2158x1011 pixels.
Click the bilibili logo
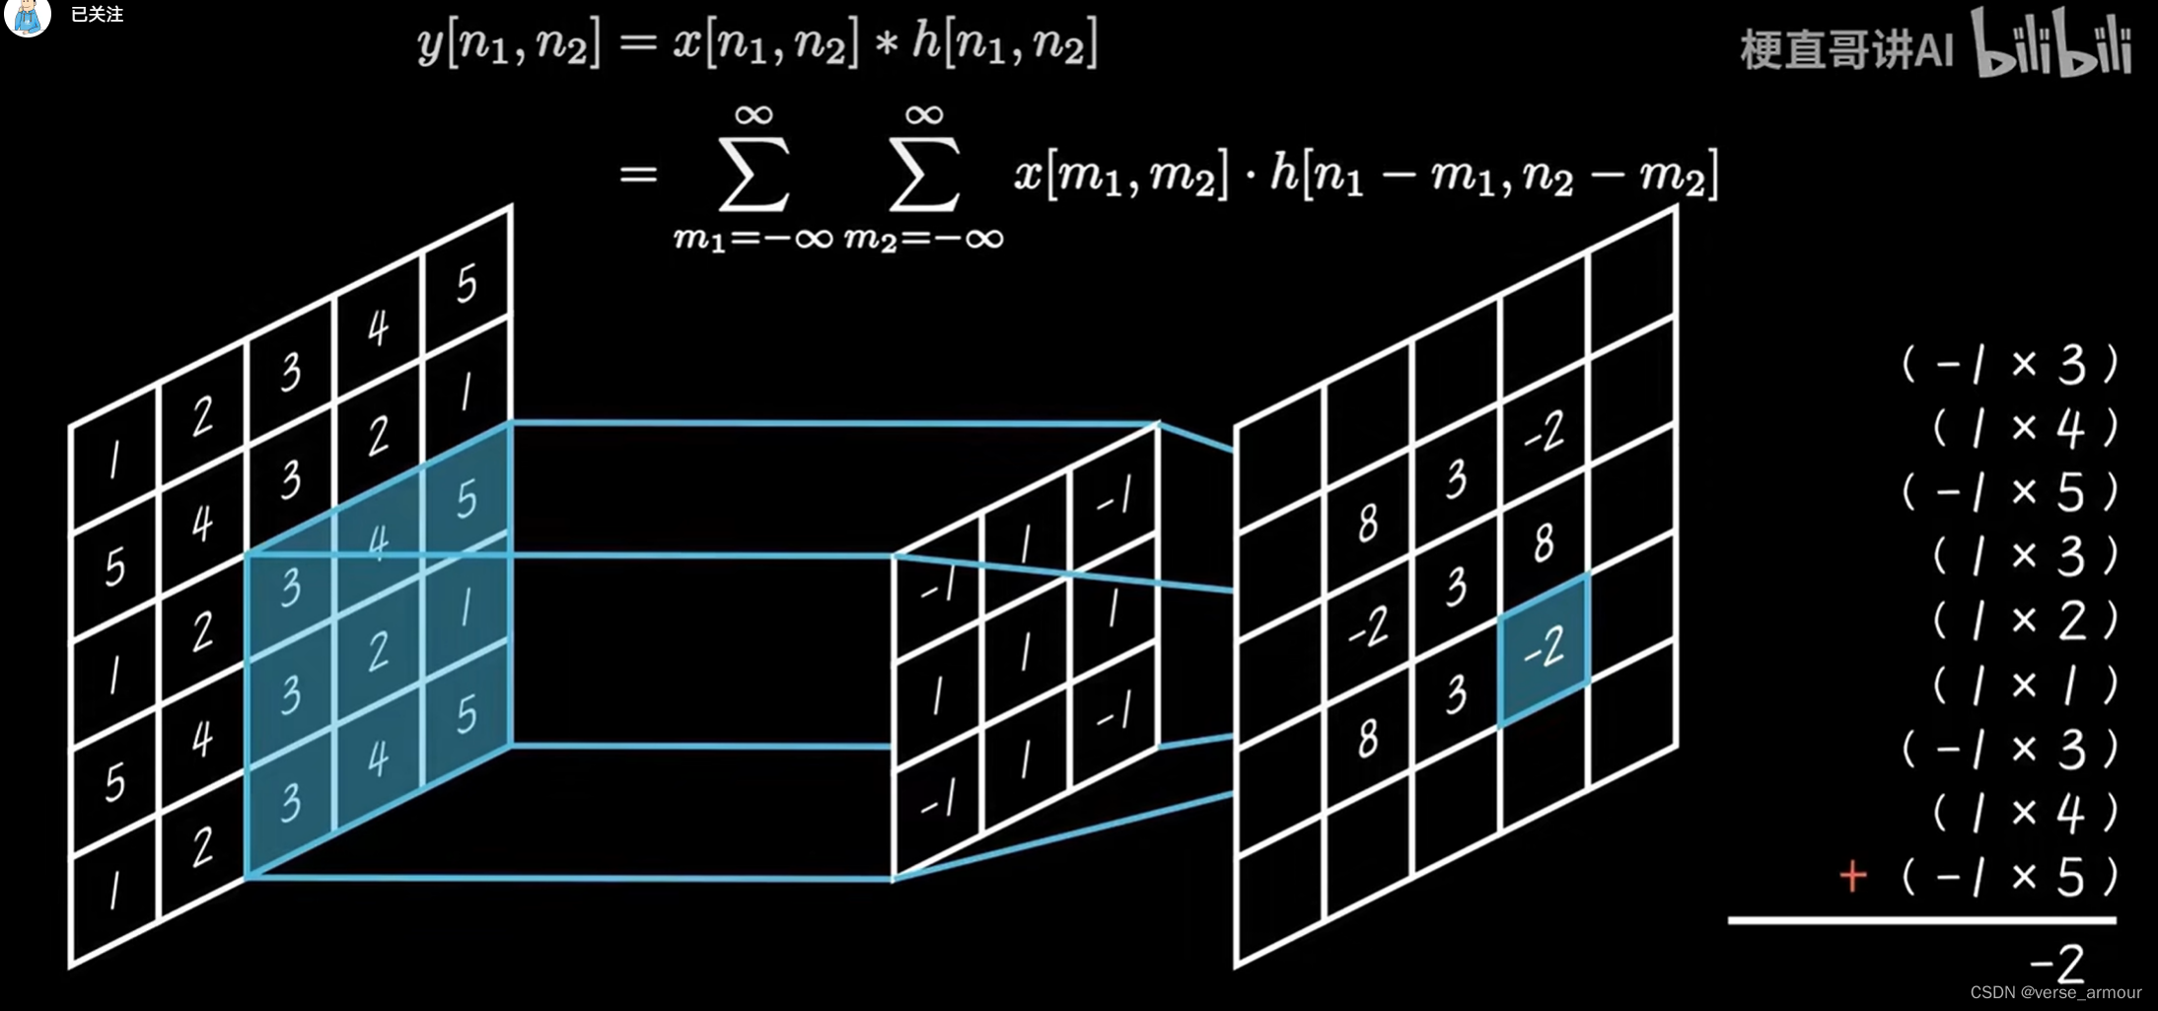[2051, 44]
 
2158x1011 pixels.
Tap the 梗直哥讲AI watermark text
[1846, 49]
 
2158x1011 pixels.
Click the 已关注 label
[97, 15]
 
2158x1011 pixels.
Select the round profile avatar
[28, 15]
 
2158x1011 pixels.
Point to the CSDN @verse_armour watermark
[2055, 992]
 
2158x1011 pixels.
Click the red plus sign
[1853, 876]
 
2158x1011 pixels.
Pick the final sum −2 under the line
[2057, 962]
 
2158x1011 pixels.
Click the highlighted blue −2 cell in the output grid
[1544, 648]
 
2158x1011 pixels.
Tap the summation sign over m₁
[755, 174]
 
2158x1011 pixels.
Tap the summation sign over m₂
[924, 174]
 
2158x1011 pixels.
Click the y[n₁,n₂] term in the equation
[509, 45]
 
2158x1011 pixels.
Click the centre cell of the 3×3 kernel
[1026, 652]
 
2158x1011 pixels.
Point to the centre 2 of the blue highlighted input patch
[378, 652]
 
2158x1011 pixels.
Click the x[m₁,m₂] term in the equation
[1121, 176]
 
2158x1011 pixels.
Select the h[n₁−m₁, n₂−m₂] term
[1493, 176]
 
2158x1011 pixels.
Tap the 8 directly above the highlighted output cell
[1544, 542]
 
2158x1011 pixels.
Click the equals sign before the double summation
[638, 175]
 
